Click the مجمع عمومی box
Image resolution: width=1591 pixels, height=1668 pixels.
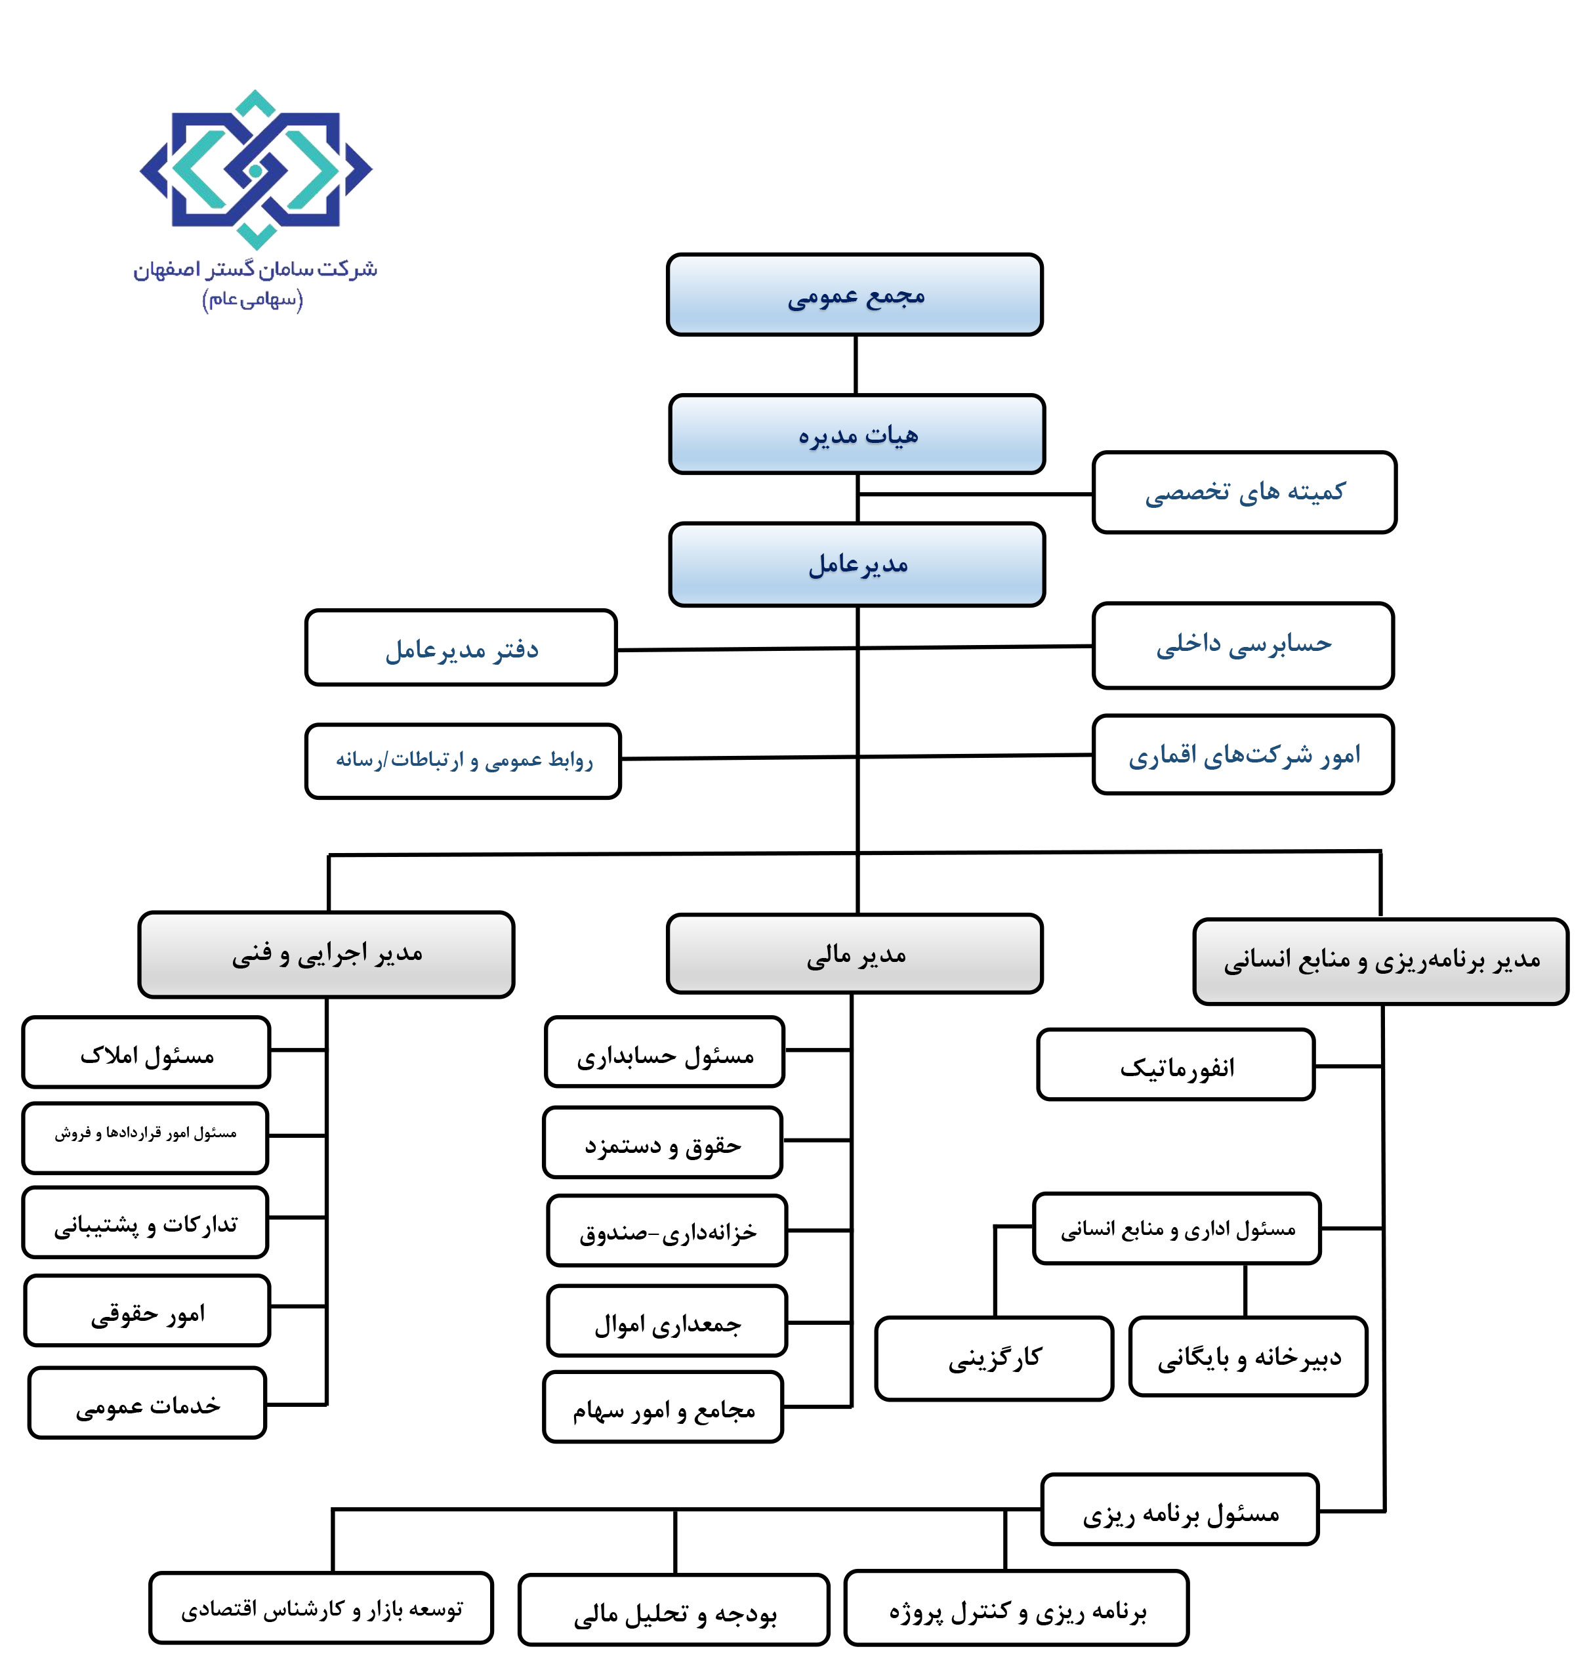(x=854, y=294)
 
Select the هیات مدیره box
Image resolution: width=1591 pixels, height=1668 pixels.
(x=857, y=434)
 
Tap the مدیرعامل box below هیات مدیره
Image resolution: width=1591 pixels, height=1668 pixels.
(x=857, y=564)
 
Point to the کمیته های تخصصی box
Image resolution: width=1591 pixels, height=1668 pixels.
(x=1243, y=492)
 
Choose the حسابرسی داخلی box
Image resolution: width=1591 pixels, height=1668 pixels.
(x=1243, y=645)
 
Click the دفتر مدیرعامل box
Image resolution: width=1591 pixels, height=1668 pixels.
(x=461, y=648)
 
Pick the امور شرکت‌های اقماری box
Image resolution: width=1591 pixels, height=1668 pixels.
(x=1243, y=755)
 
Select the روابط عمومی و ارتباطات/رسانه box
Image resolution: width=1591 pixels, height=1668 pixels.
(x=463, y=761)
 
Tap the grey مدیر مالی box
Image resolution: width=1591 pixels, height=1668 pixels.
(x=854, y=954)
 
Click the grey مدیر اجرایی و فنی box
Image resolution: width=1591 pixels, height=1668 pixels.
(x=327, y=954)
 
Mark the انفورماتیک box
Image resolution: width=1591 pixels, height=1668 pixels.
(x=1176, y=1065)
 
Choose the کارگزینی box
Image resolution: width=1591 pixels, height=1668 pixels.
(x=994, y=1358)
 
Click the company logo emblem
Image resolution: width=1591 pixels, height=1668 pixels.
(x=255, y=169)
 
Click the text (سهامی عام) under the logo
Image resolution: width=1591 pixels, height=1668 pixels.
(x=252, y=299)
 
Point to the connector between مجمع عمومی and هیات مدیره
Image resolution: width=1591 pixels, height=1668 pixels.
(x=856, y=365)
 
